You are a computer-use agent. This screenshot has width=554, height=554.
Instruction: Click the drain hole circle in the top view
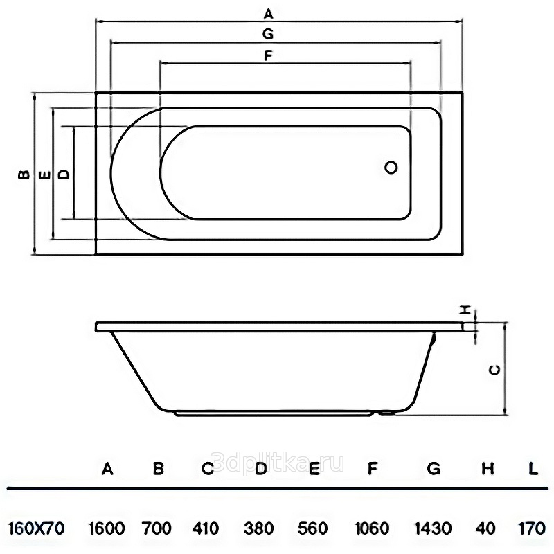point(391,167)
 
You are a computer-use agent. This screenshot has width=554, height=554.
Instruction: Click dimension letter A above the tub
point(269,13)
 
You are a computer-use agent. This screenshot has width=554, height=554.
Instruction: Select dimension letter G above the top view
point(269,33)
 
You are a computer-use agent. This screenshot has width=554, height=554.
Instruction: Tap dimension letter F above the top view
point(268,55)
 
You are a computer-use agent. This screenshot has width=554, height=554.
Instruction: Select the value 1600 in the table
point(107,528)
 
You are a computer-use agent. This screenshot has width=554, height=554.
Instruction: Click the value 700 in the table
point(157,528)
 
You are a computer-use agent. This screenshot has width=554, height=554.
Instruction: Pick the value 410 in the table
point(206,528)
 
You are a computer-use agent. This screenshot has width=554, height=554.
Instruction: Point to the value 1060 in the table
point(372,528)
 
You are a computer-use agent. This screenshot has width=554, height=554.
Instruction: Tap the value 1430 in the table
point(433,528)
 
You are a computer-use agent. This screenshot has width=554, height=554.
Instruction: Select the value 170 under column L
point(532,528)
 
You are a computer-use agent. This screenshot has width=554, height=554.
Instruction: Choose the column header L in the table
point(533,469)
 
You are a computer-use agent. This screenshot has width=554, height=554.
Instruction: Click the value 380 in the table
point(260,528)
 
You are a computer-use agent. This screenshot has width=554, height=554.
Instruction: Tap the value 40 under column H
point(486,528)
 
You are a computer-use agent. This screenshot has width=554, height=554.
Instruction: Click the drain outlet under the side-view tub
point(386,414)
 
